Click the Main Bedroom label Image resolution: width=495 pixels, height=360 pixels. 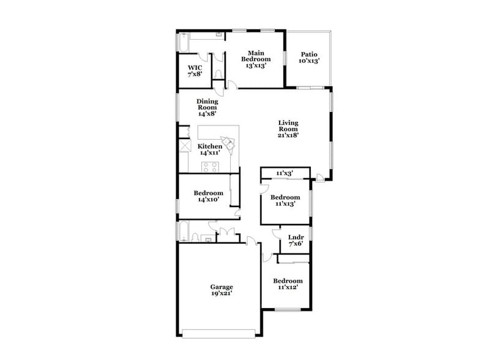(256, 59)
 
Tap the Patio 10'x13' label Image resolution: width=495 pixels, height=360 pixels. (308, 58)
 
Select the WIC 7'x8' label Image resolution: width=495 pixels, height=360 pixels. (195, 70)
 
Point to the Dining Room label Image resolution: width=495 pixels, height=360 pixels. (207, 107)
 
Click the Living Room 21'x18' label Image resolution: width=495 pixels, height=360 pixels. (288, 129)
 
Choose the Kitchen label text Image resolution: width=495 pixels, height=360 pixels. (210, 149)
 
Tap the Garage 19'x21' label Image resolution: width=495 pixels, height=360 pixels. (221, 290)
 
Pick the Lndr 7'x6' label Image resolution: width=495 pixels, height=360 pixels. (296, 239)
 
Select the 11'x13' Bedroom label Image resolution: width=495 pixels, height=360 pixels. (285, 200)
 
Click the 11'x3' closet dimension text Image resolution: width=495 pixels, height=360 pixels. (285, 173)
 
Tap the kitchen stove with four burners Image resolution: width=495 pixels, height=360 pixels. (210, 167)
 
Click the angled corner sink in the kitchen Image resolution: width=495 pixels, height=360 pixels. (229, 144)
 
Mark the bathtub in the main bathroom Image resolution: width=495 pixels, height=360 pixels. (182, 43)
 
